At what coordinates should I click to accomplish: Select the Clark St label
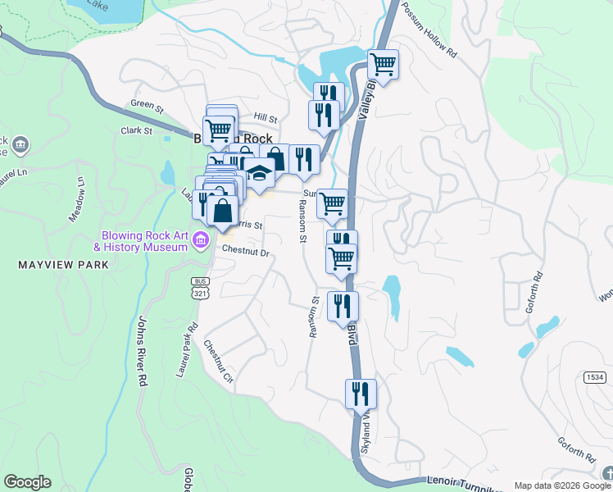coord(137,130)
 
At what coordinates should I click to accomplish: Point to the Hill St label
coord(266,119)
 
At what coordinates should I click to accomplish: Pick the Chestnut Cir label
coord(219,362)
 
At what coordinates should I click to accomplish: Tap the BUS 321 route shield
coord(199,288)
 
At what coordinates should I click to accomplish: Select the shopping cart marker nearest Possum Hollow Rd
coord(383,63)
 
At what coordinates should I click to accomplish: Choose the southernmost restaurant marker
coord(361,394)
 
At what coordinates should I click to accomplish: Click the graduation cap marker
coord(260,175)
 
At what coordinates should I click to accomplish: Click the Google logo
coord(27,482)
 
